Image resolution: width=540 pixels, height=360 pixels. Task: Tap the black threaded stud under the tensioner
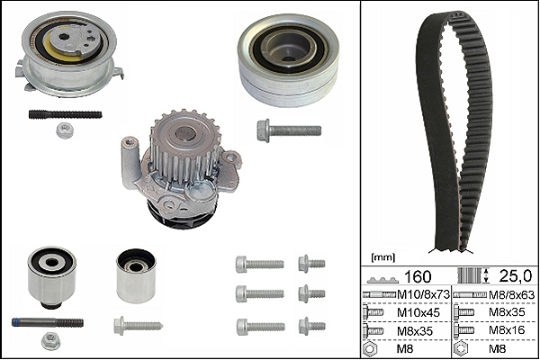[65, 114]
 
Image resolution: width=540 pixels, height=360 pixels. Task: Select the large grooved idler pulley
[289, 60]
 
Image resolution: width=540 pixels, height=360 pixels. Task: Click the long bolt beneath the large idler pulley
[289, 130]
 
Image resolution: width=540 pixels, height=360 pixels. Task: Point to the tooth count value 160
[417, 276]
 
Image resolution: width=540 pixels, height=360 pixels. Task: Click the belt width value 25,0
[515, 276]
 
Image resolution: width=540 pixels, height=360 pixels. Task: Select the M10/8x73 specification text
[423, 294]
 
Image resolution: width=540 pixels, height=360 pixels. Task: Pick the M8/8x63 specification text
[512, 295]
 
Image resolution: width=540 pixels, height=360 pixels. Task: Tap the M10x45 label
[418, 312]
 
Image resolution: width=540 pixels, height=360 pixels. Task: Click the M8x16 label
[507, 330]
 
